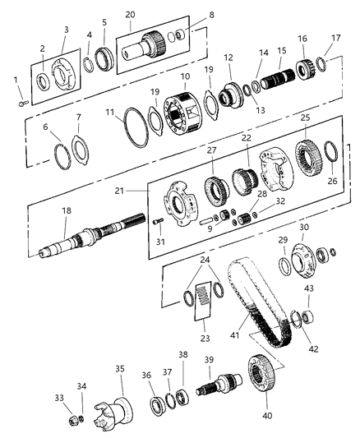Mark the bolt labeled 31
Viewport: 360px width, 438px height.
pos(158,219)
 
